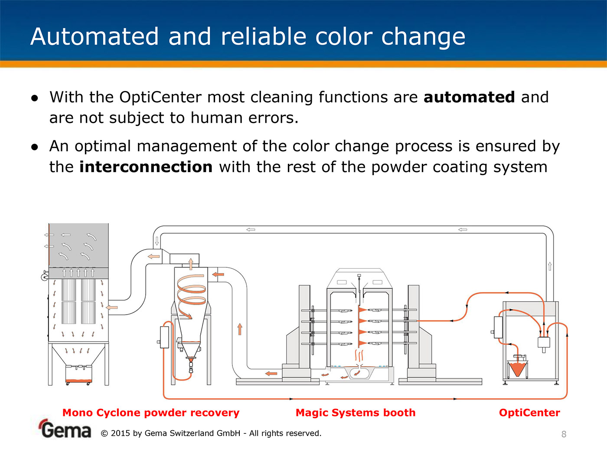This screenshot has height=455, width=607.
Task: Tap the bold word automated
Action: click(469, 97)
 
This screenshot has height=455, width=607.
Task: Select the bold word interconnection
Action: click(146, 167)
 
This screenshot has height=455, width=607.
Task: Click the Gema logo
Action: click(65, 429)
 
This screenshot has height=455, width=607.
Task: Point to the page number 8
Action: click(564, 434)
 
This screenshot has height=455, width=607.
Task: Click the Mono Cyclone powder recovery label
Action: click(151, 413)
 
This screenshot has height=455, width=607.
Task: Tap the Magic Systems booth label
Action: click(356, 413)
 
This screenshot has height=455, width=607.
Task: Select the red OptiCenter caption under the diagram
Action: click(529, 413)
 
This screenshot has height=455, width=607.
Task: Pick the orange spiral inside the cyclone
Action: click(191, 295)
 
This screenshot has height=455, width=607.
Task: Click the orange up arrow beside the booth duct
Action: click(240, 329)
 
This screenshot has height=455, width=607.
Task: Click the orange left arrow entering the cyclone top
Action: click(218, 274)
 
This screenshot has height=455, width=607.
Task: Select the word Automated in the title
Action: click(95, 36)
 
